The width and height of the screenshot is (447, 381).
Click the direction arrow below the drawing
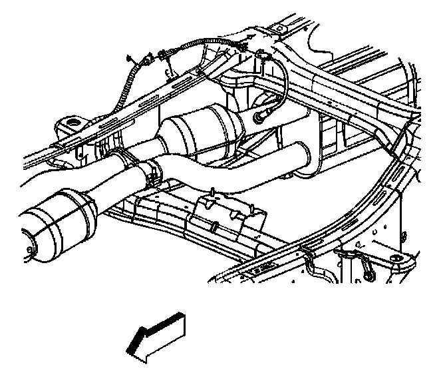158,338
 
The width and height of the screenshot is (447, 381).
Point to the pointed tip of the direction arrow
128,350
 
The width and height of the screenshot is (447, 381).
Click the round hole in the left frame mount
71,123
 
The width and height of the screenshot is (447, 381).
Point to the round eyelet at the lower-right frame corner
396,259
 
